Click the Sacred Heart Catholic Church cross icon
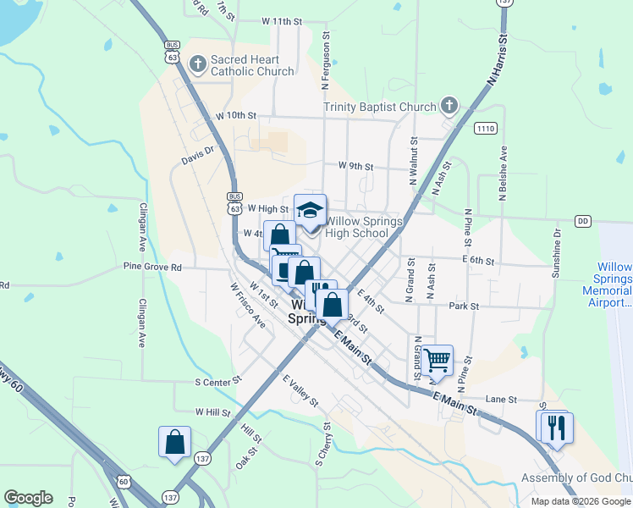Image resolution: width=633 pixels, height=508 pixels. [198, 63]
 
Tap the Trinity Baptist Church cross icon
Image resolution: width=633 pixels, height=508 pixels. [449, 106]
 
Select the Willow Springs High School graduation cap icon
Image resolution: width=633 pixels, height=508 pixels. [310, 209]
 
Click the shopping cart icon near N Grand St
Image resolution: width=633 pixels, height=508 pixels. [438, 360]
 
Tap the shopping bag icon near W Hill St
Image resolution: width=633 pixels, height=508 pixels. [174, 441]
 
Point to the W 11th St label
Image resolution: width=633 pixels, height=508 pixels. [282, 20]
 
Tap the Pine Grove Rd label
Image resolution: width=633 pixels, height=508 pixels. [152, 268]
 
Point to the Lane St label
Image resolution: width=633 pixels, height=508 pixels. [501, 399]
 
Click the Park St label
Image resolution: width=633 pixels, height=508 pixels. [465, 306]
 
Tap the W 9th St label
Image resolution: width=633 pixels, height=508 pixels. [355, 166]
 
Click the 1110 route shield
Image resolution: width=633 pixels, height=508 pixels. [485, 129]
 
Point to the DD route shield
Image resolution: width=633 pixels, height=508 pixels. [582, 221]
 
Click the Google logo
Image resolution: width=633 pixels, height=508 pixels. [29, 498]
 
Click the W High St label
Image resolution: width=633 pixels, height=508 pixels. [268, 208]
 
